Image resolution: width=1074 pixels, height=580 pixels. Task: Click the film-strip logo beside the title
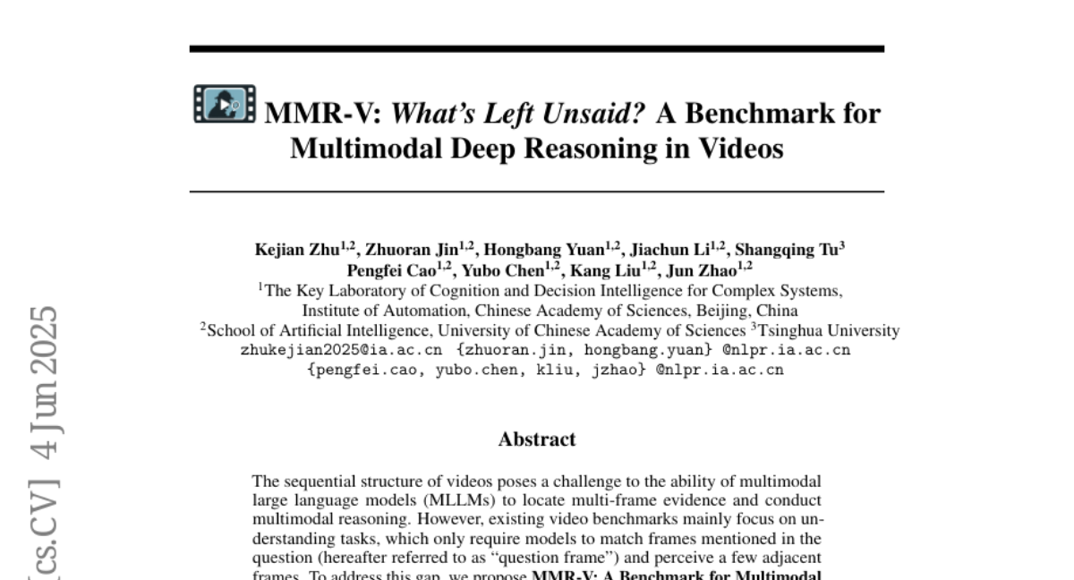point(225,104)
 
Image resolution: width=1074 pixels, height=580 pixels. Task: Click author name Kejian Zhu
point(297,251)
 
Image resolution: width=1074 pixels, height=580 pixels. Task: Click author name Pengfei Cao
point(391,270)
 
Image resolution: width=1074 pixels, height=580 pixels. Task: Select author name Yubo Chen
point(503,270)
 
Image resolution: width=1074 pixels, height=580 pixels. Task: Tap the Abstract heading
point(537,439)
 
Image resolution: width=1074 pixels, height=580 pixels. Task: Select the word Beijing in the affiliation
point(721,311)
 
